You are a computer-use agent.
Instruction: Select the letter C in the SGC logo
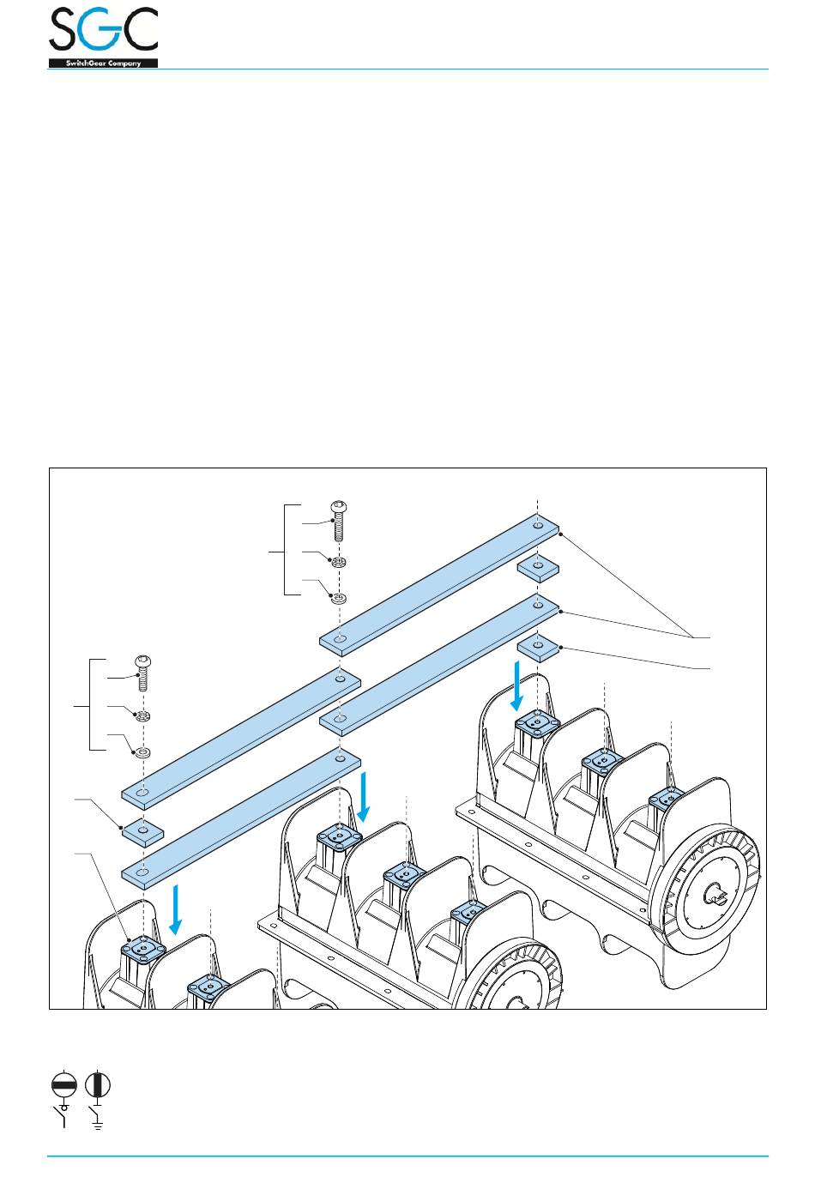click(140, 31)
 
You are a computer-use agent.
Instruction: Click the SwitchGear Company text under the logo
click(103, 63)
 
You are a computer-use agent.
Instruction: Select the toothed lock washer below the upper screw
click(339, 563)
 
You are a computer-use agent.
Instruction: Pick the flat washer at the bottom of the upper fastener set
click(339, 598)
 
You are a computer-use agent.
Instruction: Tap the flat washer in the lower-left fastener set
click(143, 753)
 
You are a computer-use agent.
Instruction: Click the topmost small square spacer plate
click(538, 568)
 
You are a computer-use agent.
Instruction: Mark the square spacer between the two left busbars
click(143, 832)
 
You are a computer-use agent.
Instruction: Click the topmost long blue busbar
click(439, 581)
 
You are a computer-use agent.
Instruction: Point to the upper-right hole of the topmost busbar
click(537, 524)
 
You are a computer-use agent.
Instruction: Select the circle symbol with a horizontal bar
click(65, 1084)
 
